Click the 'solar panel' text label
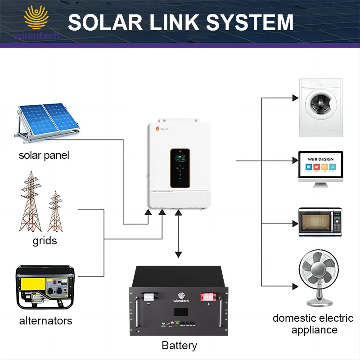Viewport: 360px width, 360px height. coord(44,156)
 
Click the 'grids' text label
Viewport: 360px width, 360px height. coord(45,241)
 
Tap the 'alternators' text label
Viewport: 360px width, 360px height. coord(45,321)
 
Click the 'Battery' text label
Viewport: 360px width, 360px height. coord(179,346)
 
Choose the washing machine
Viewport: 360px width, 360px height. coord(321,108)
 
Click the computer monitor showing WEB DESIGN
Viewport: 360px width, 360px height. coord(321,167)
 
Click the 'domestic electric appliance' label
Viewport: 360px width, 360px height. coord(313,324)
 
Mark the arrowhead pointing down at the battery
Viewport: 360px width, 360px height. coord(179,255)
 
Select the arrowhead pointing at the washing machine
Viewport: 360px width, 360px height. coord(295,98)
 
